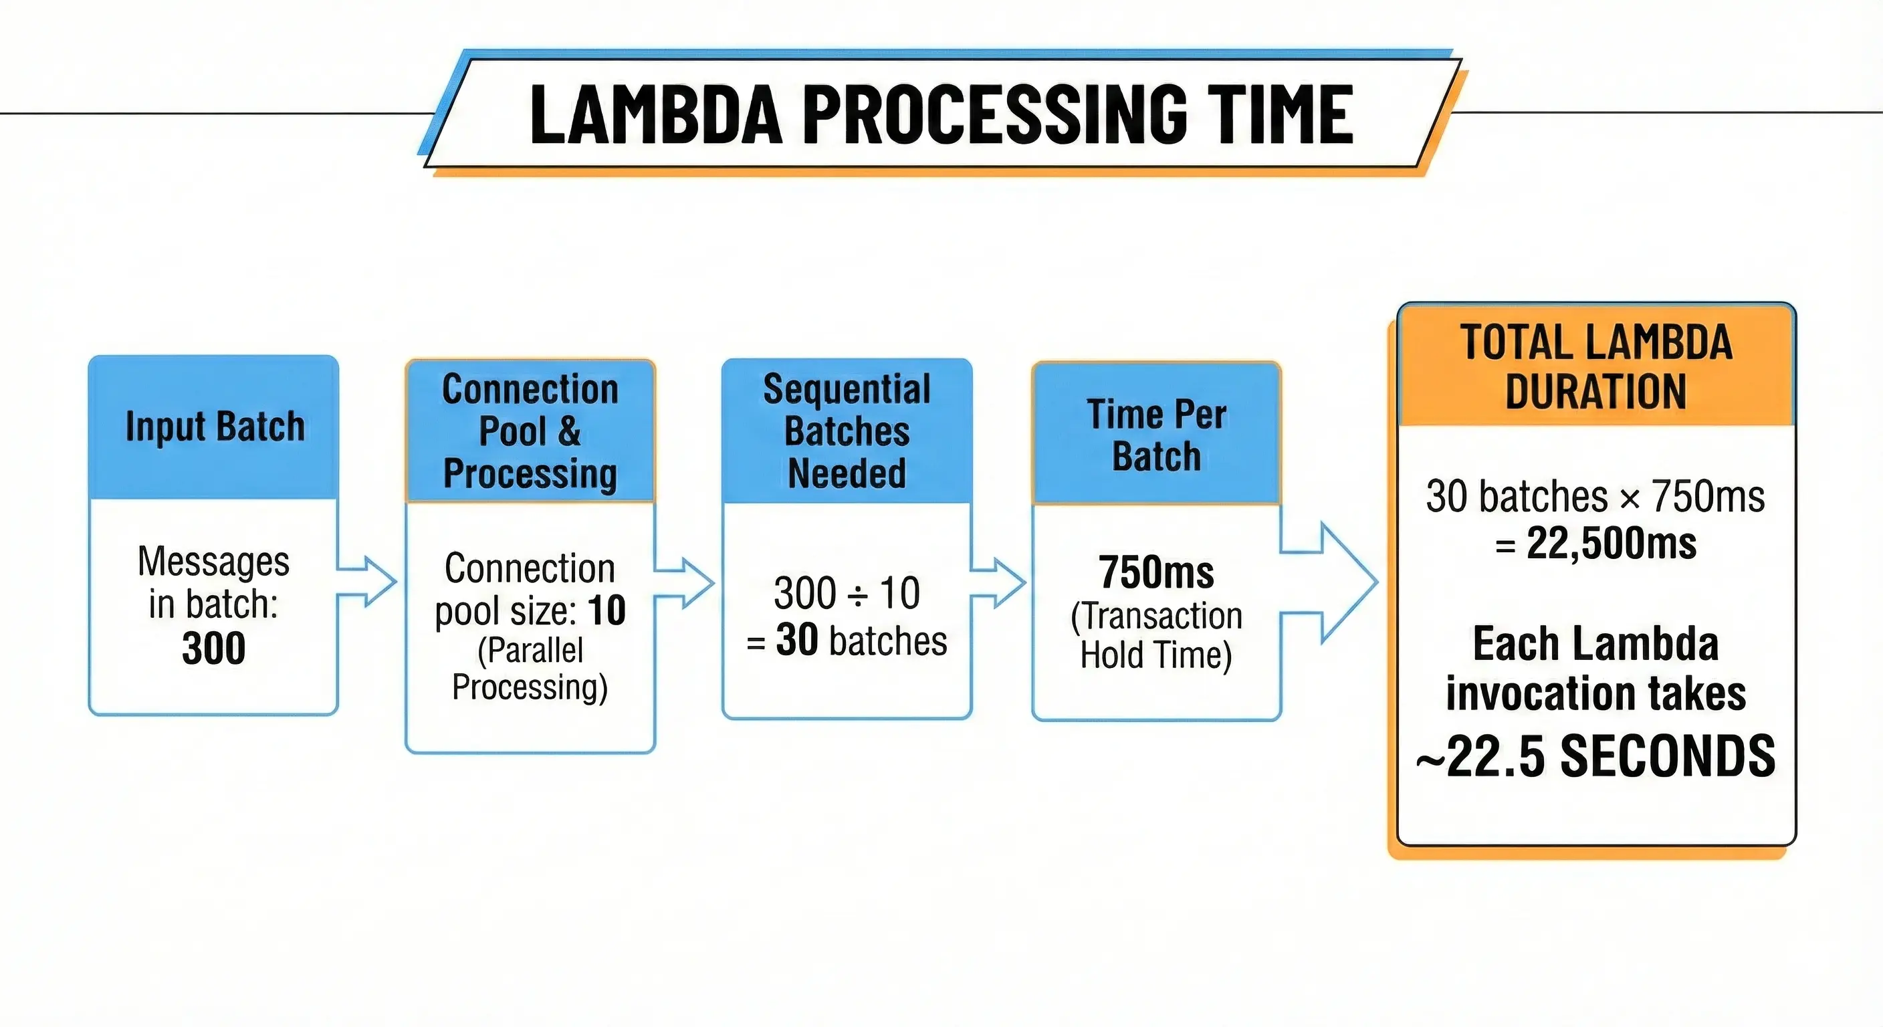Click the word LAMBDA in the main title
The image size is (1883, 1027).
pyautogui.click(x=656, y=114)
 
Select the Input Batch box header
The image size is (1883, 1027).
pyautogui.click(x=214, y=427)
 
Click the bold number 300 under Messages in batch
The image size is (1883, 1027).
pyautogui.click(x=213, y=649)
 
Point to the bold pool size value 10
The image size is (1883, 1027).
pyautogui.click(x=606, y=610)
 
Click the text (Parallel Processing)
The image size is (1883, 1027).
pyautogui.click(x=530, y=669)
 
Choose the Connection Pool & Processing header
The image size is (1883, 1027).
pyautogui.click(x=530, y=431)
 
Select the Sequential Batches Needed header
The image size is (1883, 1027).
pyautogui.click(x=847, y=431)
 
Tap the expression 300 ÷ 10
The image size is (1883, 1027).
pyautogui.click(x=847, y=593)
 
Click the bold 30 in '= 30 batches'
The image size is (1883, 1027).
pyautogui.click(x=796, y=641)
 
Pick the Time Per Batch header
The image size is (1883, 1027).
pyautogui.click(x=1156, y=435)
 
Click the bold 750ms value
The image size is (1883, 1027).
pyautogui.click(x=1156, y=572)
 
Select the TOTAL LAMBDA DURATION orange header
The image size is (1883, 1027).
pyautogui.click(x=1595, y=367)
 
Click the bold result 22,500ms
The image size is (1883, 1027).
pyautogui.click(x=1611, y=544)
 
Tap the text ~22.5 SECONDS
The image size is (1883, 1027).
pyautogui.click(x=1595, y=757)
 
